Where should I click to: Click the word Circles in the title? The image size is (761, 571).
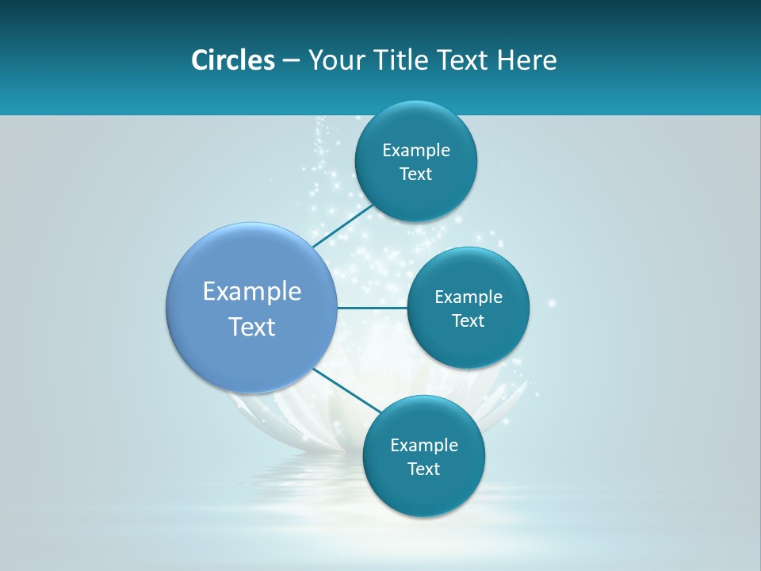[x=232, y=60]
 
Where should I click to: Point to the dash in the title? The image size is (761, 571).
[x=291, y=61]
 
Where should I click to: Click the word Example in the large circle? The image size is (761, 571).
[x=252, y=292]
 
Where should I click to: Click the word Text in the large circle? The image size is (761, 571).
[x=252, y=327]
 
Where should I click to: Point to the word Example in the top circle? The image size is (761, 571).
[x=416, y=151]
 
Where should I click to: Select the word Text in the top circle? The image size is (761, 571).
[x=416, y=174]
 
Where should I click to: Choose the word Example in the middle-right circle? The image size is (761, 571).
[x=468, y=297]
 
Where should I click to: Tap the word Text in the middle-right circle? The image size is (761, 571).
[x=468, y=321]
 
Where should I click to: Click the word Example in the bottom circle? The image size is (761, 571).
[x=424, y=446]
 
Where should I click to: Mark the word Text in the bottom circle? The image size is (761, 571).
[x=424, y=469]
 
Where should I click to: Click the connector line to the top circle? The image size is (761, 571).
[x=342, y=227]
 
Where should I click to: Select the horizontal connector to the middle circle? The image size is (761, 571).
[x=372, y=308]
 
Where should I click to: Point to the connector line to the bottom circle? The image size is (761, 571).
[x=347, y=390]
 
